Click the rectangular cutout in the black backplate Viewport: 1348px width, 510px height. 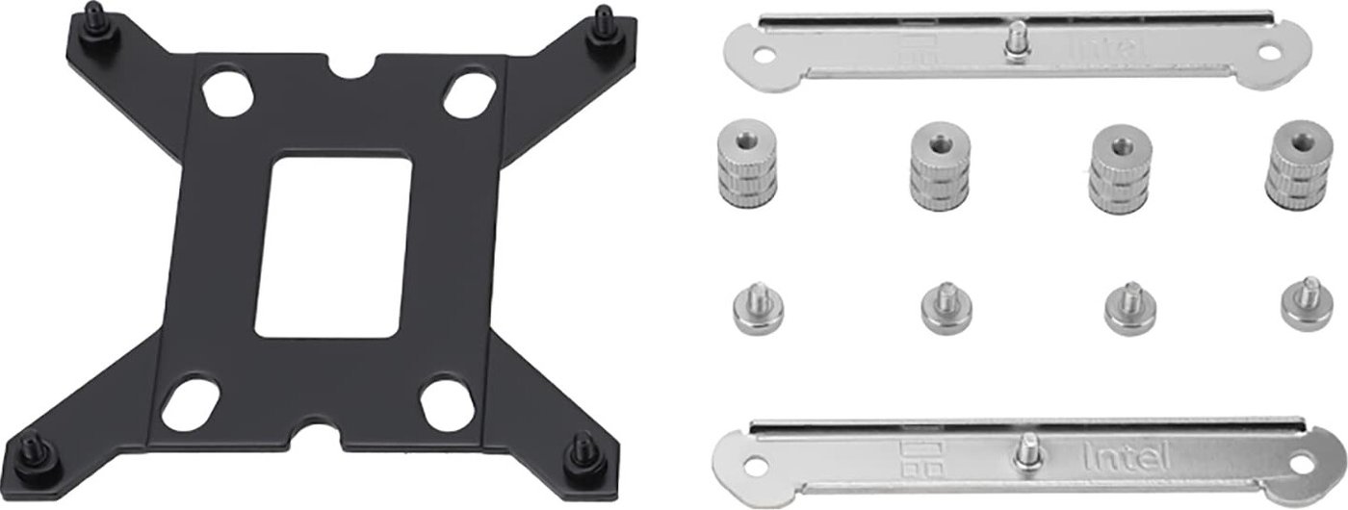[x=334, y=246]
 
